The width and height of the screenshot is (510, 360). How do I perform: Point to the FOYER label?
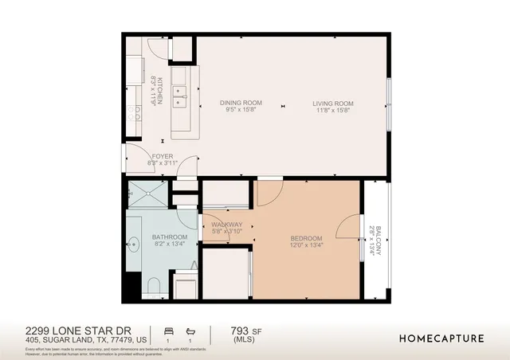(x=163, y=156)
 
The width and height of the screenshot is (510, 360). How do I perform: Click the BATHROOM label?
(x=170, y=237)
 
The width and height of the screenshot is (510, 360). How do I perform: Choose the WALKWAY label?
(x=226, y=225)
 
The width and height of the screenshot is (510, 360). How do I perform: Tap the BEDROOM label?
(x=305, y=238)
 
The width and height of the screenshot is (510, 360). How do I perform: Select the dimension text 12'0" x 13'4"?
(x=305, y=246)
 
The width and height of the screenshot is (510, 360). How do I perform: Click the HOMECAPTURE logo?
(x=441, y=338)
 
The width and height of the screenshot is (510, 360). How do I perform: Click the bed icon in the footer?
(x=167, y=330)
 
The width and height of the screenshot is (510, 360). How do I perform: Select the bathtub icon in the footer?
(x=190, y=330)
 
